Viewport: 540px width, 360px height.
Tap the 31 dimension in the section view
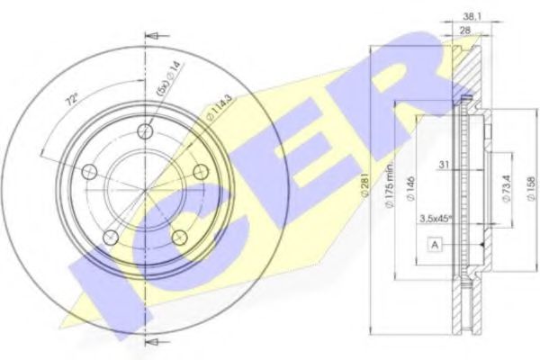pyautogui.click(x=444, y=165)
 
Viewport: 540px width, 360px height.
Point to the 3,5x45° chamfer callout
pyautogui.click(x=436, y=217)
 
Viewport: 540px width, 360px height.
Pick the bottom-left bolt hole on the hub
pyautogui.click(x=112, y=237)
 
